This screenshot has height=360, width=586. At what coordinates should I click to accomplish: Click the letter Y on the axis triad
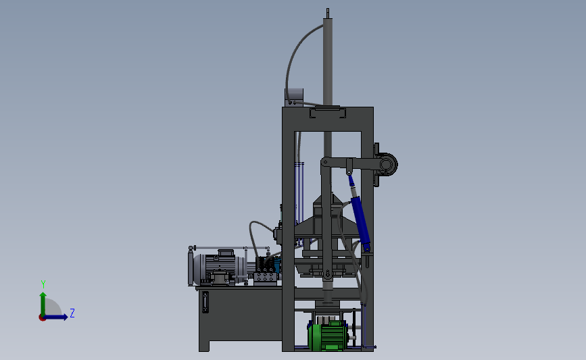coord(43,284)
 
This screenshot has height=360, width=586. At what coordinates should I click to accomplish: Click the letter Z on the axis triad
coord(72,313)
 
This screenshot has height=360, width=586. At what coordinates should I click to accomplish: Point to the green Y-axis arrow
coord(43,304)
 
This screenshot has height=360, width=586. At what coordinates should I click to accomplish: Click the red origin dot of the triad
coord(42,318)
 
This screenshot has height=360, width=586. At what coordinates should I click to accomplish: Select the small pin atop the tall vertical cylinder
coord(328,13)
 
